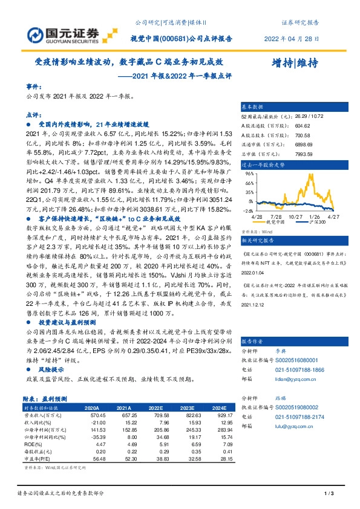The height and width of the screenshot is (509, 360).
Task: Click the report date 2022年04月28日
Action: pos(292,38)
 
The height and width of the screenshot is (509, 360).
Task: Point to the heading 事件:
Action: pos(34,87)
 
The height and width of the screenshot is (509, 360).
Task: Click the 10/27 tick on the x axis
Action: pos(295,216)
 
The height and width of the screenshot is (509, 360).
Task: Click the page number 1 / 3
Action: pos(329,494)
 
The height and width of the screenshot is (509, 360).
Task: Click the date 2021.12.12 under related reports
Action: pos(254,305)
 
